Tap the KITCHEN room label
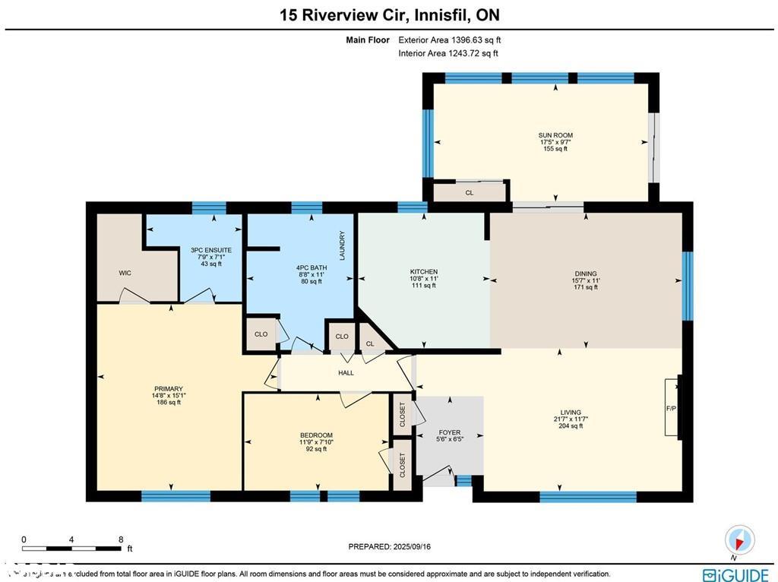(423, 272)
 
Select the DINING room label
(585, 274)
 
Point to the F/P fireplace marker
(671, 409)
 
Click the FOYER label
(450, 432)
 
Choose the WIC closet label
(125, 273)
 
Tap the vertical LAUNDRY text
(343, 246)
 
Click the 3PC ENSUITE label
(210, 250)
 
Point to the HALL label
(346, 372)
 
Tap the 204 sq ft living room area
(568, 425)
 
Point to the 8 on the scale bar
(121, 540)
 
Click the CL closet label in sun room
(470, 193)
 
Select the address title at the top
(389, 15)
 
